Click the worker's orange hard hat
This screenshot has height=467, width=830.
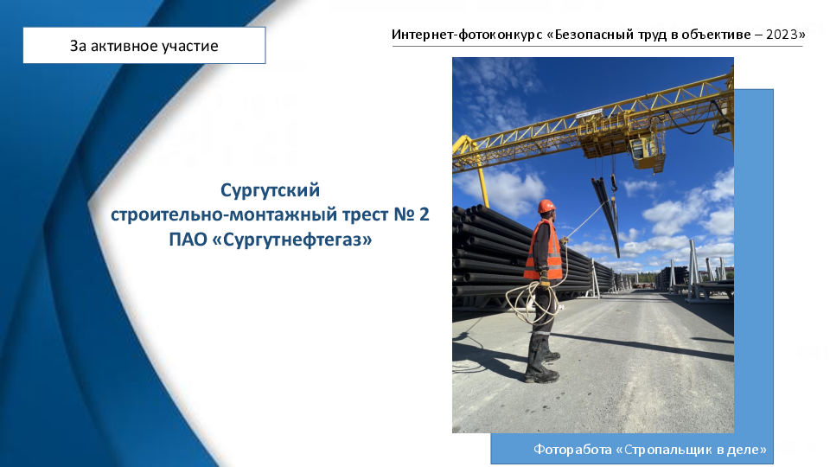coord(546,206)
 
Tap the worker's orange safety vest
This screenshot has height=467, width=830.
coord(543,250)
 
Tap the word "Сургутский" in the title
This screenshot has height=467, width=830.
coord(270,189)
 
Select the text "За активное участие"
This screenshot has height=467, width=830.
coord(144,46)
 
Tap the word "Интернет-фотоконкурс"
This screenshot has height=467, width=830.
coord(467,35)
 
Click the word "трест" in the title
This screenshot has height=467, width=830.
coord(365,214)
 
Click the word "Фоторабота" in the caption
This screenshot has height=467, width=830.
coord(572,450)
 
